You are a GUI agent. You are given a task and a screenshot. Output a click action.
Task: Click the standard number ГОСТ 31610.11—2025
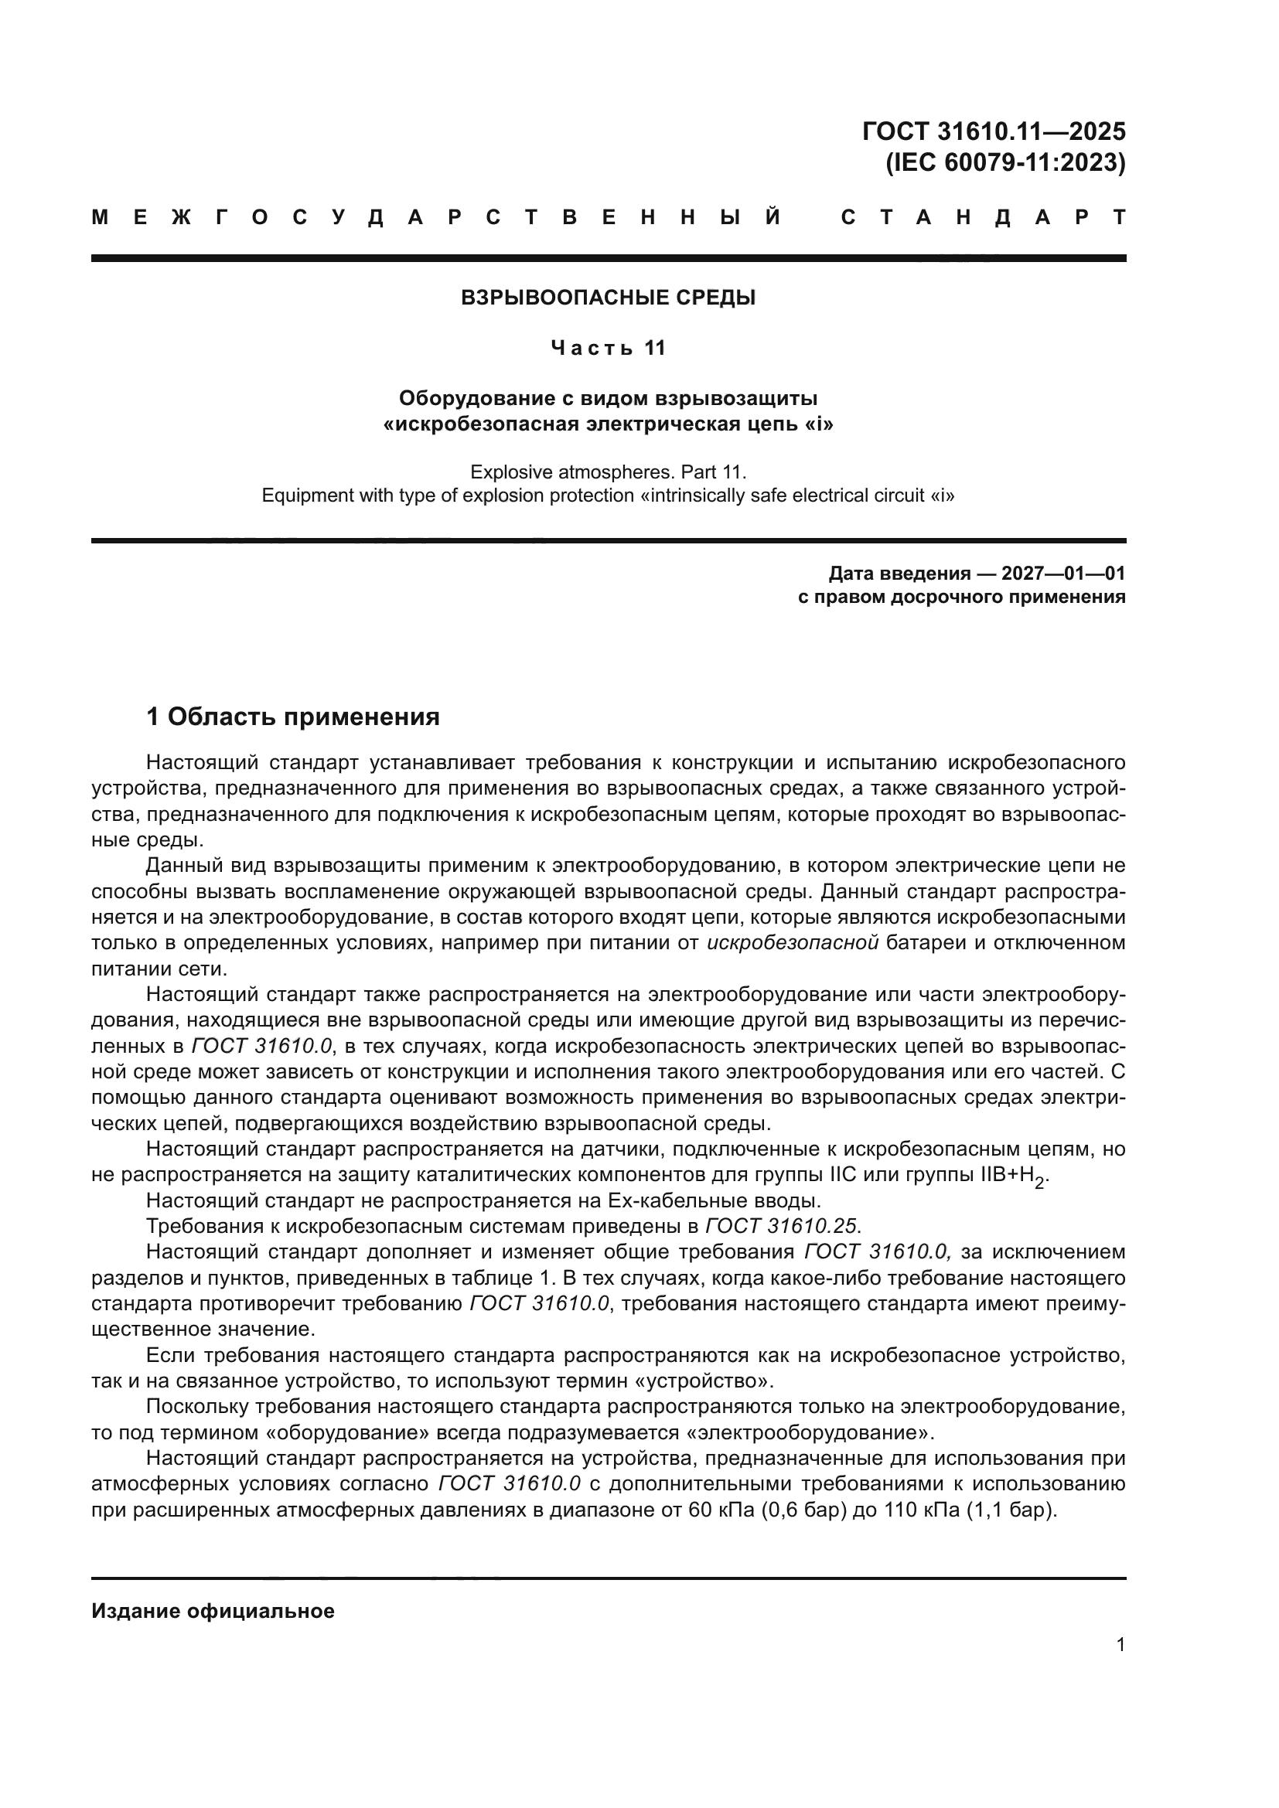point(994,131)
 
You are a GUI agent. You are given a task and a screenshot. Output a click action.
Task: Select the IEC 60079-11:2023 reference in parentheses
point(1006,163)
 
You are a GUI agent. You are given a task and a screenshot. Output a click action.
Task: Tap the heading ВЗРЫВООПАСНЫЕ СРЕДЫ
point(608,298)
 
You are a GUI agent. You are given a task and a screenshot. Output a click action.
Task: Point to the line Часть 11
point(608,348)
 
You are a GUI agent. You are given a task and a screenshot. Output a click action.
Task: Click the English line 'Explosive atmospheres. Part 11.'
point(608,472)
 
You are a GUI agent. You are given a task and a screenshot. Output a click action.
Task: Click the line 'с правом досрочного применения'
point(962,597)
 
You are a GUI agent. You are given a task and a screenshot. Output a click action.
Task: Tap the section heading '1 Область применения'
point(293,717)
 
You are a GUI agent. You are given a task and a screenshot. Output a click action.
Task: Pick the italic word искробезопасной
point(793,943)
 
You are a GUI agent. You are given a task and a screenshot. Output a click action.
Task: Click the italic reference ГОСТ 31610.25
point(783,1226)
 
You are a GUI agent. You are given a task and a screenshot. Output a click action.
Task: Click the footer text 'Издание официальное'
point(213,1611)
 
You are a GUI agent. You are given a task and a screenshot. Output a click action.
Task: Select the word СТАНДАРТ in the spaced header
point(984,218)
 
